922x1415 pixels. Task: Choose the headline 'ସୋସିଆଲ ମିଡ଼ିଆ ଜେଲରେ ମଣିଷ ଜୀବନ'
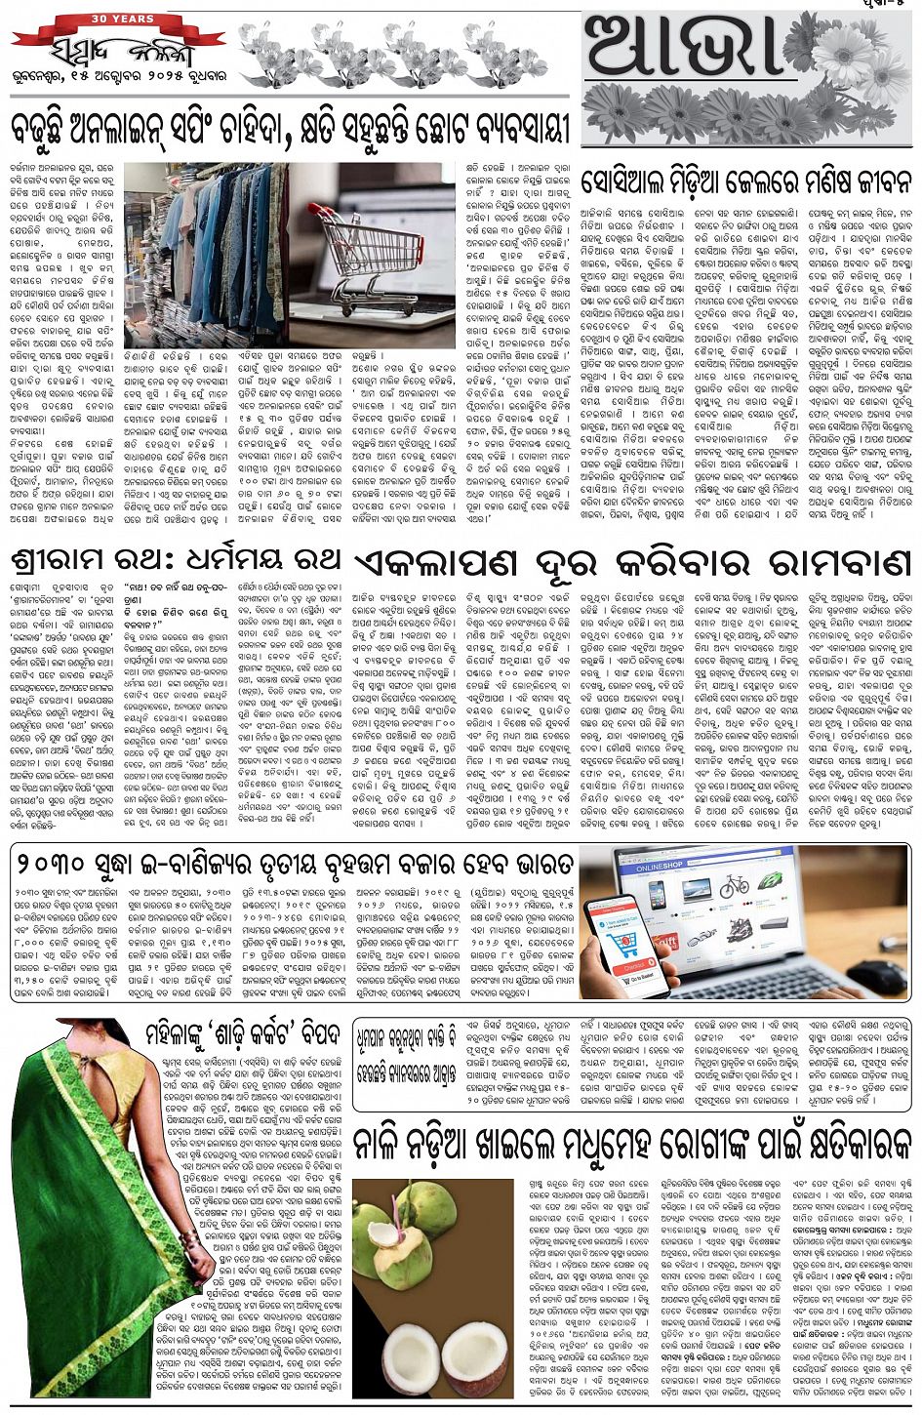(746, 182)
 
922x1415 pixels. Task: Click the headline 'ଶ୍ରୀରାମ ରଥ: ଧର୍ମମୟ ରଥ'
(176, 561)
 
